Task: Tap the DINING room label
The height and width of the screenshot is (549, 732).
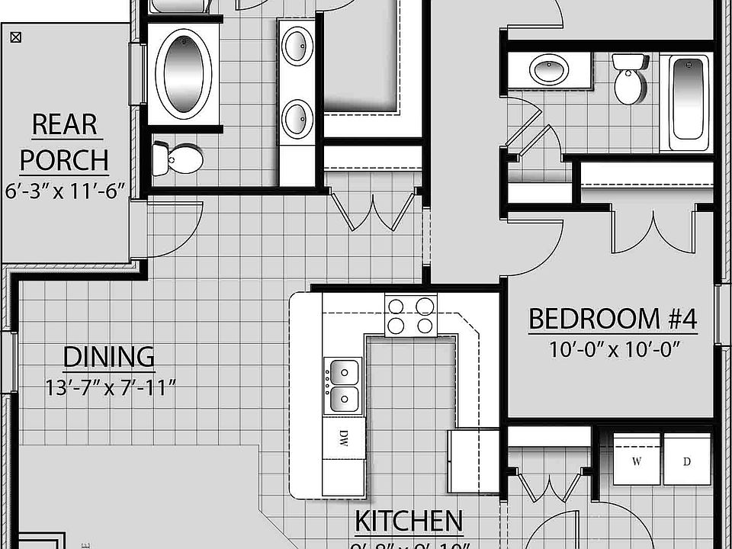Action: [108, 357]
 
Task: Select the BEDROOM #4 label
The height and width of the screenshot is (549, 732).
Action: [612, 319]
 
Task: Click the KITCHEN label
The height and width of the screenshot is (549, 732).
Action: [409, 522]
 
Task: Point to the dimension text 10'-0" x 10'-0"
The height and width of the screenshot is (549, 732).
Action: [614, 350]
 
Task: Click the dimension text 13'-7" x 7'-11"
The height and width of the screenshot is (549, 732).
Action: [110, 388]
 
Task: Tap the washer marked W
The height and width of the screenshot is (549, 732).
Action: [636, 460]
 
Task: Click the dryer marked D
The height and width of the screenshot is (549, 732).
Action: [687, 460]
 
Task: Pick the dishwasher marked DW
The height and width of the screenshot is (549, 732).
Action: [342, 438]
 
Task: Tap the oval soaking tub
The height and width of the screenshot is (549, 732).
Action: [183, 73]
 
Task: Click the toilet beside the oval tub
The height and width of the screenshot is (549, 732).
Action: [178, 160]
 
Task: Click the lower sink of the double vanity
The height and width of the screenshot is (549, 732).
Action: [297, 119]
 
